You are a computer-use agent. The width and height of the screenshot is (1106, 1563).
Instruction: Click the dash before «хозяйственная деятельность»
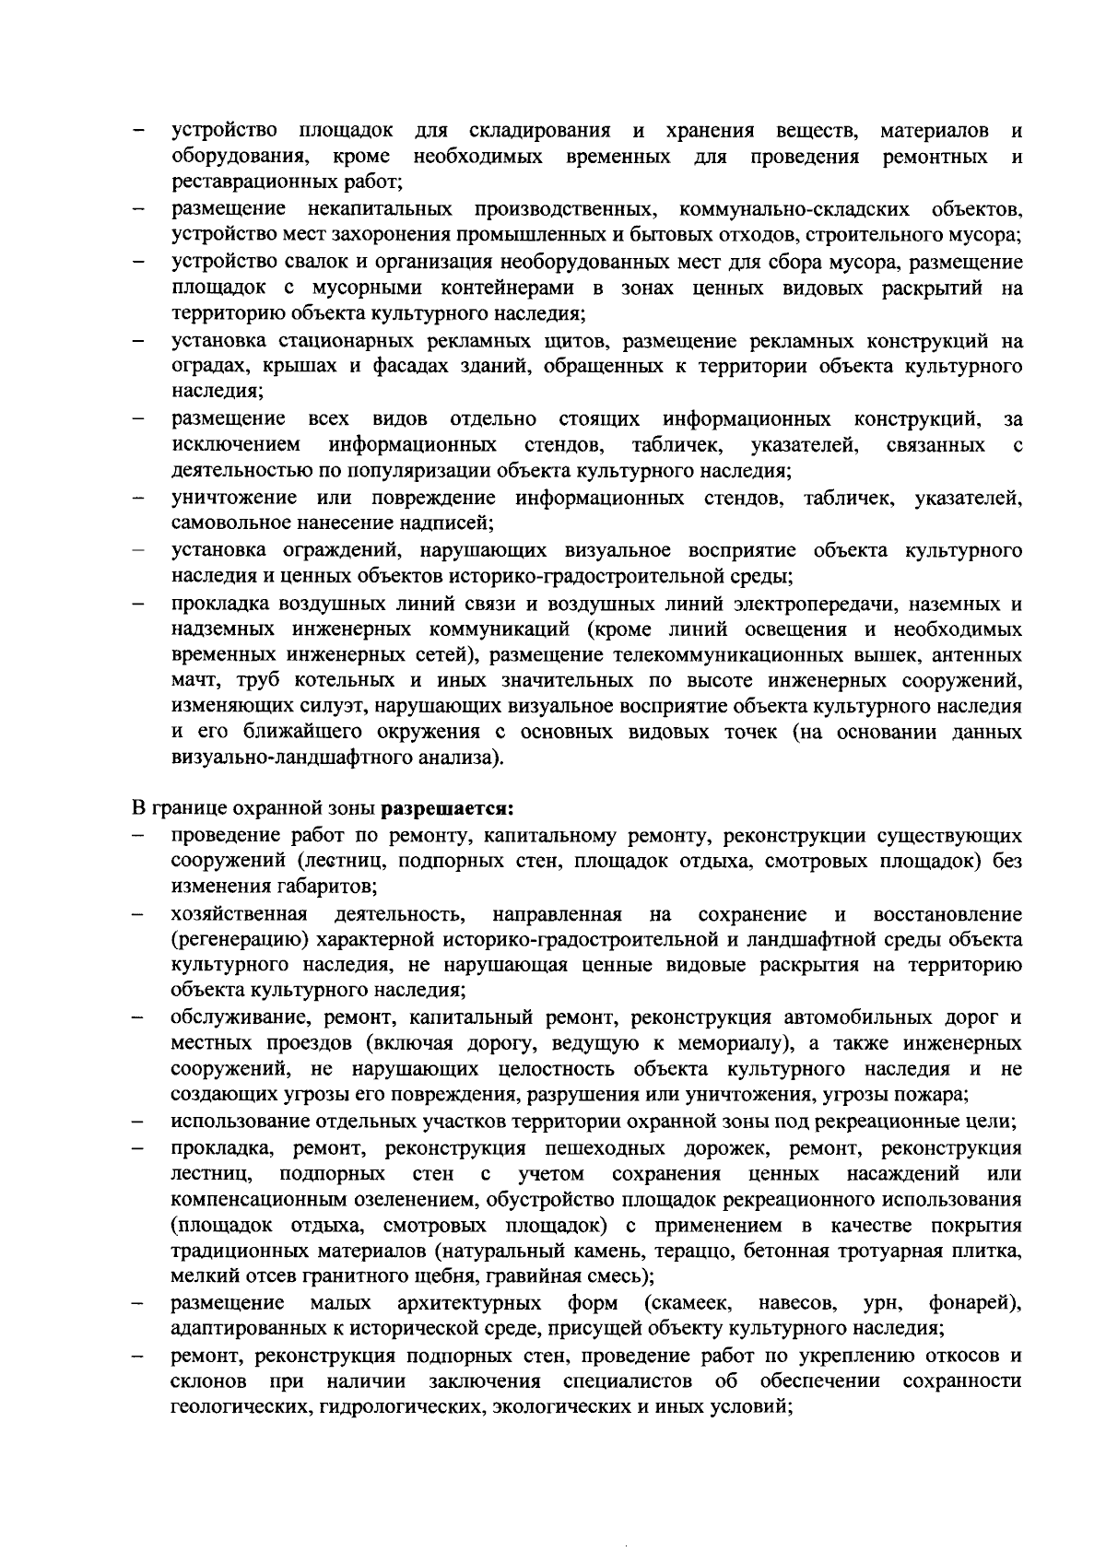click(136, 914)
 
